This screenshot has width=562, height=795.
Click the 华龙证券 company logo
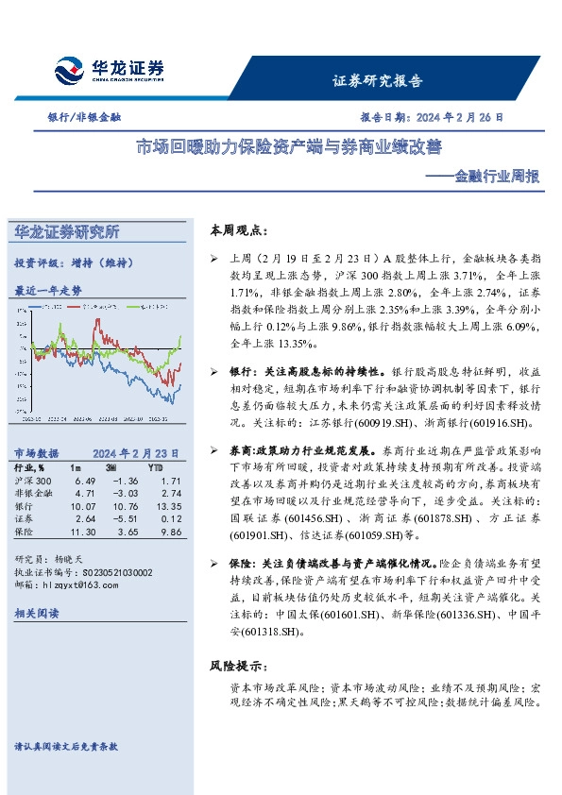109,70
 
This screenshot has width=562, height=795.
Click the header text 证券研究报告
378,81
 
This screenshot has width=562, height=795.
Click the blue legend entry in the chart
47,307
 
